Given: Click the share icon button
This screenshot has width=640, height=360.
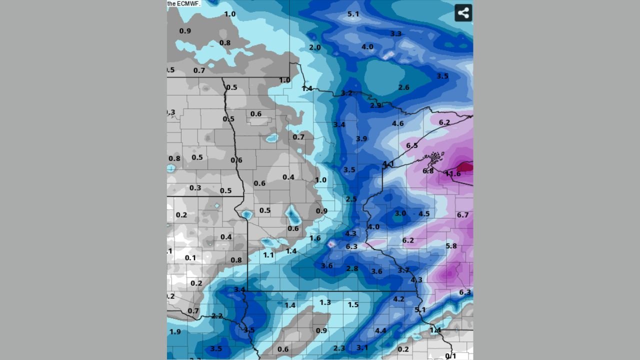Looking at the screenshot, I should click(x=463, y=13).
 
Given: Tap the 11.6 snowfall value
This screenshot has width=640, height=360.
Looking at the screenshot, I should click(x=452, y=174).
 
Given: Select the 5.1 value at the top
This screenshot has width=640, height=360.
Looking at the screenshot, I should click(x=353, y=14).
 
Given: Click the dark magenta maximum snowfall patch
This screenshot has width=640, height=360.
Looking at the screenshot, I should click(x=465, y=167).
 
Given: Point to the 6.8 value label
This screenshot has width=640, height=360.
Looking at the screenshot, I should click(x=428, y=171).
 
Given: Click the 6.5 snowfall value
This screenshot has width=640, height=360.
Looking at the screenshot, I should click(x=411, y=145).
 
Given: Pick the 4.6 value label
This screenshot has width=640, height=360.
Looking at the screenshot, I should click(x=397, y=123).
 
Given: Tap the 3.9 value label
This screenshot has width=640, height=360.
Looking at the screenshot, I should click(x=361, y=138).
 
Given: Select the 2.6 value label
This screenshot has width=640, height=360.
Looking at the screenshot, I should click(x=403, y=87).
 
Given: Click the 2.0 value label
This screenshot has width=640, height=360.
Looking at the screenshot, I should click(x=314, y=47).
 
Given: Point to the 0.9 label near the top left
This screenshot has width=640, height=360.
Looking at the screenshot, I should click(x=185, y=31).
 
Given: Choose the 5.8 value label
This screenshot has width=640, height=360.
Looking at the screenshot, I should click(x=451, y=246).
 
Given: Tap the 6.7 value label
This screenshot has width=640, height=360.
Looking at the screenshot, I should click(x=462, y=215).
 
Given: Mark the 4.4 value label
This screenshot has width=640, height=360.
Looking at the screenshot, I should click(x=380, y=330).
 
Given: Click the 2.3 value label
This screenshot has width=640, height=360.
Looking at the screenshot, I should click(x=339, y=348).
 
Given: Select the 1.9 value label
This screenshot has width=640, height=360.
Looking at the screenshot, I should click(x=175, y=332).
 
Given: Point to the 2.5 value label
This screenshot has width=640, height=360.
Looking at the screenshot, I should click(x=351, y=199).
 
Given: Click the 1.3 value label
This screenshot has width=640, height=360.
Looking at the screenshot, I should click(x=325, y=302).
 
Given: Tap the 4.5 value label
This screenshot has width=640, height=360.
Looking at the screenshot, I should click(x=424, y=214).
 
